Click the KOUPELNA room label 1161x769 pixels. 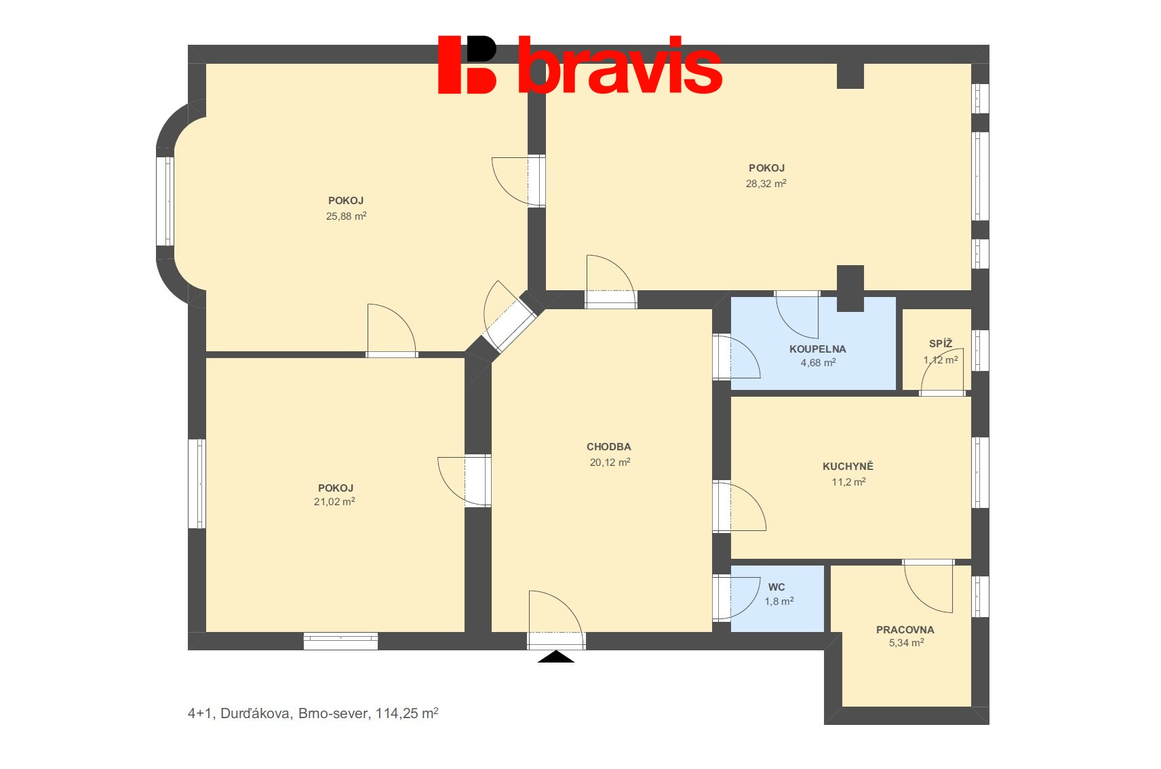coord(817,349)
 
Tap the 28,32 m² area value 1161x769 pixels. coord(766,184)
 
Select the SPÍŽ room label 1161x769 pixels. coord(941,344)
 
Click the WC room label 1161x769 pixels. coord(776,587)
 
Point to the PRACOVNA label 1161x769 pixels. coord(905,630)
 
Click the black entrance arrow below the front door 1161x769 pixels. coord(556,656)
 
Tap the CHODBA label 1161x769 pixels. coord(608,447)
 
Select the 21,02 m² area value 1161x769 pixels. coord(334,502)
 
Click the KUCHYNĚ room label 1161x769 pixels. coord(848,467)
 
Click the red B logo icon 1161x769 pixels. coord(467,64)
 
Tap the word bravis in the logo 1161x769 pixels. coord(620,66)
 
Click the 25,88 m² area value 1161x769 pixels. coord(346,216)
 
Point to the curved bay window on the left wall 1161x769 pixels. coord(165,201)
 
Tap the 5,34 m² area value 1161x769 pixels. coord(906,643)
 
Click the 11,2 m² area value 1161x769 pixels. coord(848,482)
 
